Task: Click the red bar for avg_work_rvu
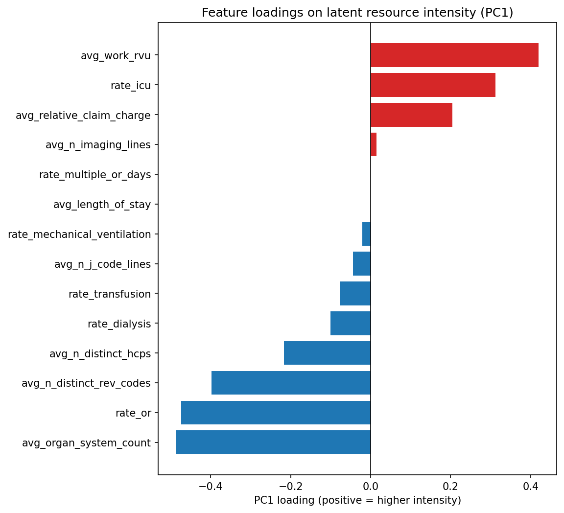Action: click(454, 55)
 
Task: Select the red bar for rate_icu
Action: click(433, 85)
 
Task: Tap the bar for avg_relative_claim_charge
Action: click(411, 115)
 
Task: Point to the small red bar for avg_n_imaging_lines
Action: click(374, 144)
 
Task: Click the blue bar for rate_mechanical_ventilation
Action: click(366, 234)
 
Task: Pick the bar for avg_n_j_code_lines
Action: click(362, 264)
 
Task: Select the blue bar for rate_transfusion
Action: click(355, 294)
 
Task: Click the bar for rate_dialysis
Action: click(351, 324)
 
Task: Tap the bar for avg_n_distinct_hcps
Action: click(327, 353)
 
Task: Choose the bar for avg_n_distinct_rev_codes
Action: click(291, 383)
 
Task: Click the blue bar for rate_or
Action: click(276, 413)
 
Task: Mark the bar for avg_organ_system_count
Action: click(273, 443)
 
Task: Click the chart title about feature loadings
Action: click(357, 13)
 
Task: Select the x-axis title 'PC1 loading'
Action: click(357, 500)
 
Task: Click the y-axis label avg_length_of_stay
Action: click(102, 205)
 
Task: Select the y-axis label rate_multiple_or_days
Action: click(95, 175)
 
